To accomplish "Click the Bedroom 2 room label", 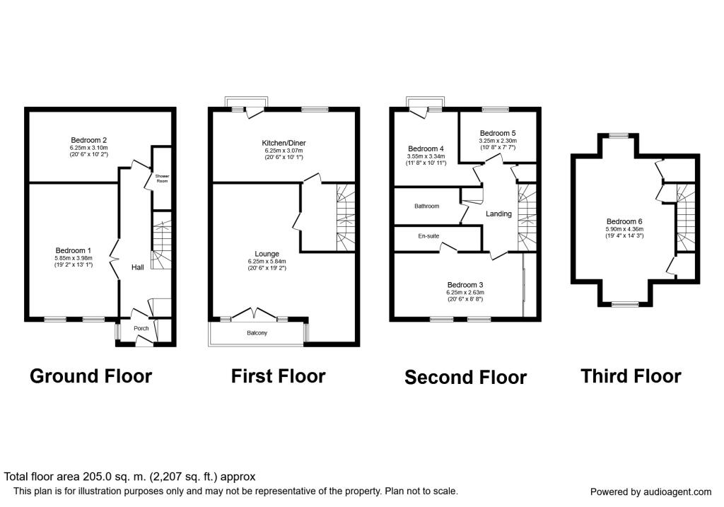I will click(x=88, y=140).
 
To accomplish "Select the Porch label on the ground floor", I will click(x=141, y=328).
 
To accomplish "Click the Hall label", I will click(x=138, y=267).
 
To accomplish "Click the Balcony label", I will click(x=257, y=333).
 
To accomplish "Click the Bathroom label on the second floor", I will click(x=426, y=206).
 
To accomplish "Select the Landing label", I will click(x=498, y=214).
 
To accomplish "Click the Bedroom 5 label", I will click(x=498, y=133).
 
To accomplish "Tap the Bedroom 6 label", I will click(x=624, y=221).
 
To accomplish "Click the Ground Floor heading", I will click(x=90, y=376).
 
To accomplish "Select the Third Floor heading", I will click(x=631, y=376).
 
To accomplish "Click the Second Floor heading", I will click(x=465, y=378).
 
